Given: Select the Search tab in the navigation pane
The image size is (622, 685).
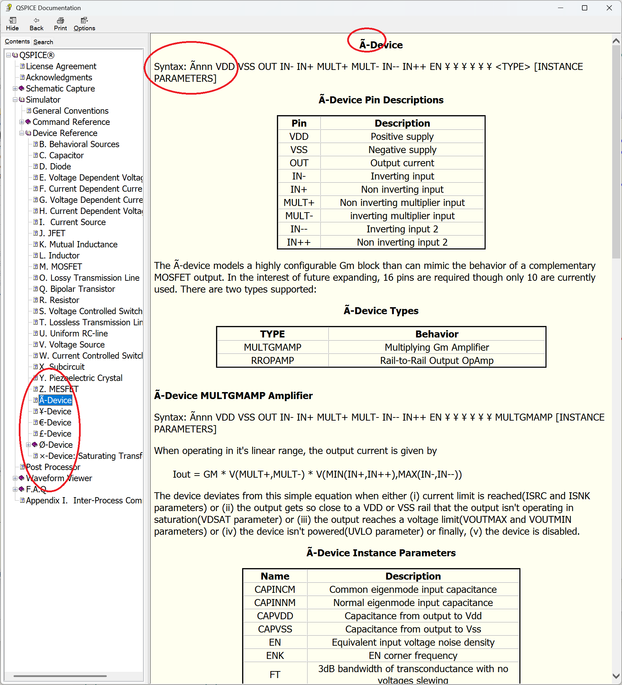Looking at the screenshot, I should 43,42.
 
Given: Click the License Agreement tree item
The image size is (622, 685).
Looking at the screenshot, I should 61,66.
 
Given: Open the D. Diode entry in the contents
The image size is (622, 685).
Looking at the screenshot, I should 55,167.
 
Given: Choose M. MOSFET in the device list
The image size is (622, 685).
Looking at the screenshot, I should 61,267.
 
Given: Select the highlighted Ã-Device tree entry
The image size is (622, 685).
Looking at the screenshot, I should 55,400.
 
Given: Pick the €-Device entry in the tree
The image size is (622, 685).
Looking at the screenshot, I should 55,423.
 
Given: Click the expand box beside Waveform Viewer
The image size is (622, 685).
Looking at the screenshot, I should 15,478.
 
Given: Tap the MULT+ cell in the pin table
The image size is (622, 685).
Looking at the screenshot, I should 299,203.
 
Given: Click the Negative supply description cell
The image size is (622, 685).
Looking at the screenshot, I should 402,150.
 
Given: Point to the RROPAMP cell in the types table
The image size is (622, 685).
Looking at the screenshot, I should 272,361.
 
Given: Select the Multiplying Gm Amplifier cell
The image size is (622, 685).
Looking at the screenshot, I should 437,348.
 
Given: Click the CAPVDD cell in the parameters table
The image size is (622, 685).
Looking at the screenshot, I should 275,616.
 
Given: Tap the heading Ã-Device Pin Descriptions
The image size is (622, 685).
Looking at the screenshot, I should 381,100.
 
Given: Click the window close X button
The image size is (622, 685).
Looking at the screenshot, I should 609,8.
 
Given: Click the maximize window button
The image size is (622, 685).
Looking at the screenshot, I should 584,8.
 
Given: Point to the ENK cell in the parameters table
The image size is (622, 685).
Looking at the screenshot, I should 275,656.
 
